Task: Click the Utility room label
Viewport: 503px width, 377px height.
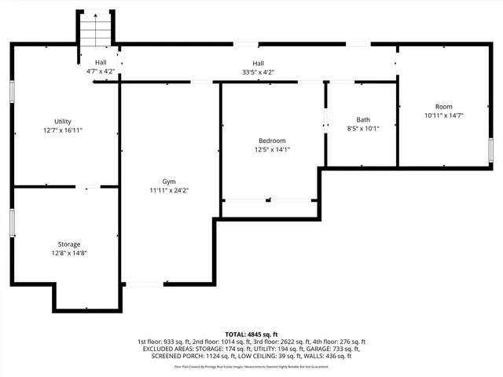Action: pos(63,122)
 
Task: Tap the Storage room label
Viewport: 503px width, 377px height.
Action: pos(68,244)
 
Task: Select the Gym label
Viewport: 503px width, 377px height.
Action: pos(169,181)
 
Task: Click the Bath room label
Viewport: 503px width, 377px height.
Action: pos(363,119)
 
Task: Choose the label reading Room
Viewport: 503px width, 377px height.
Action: pos(444,107)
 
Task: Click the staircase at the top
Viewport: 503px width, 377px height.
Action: pos(96,31)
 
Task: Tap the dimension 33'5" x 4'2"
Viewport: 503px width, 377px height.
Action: pos(258,72)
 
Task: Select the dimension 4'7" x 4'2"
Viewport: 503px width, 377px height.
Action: pos(101,71)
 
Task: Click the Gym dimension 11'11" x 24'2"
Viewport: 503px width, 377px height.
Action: pos(169,190)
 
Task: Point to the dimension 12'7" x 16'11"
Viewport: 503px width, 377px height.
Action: pos(63,130)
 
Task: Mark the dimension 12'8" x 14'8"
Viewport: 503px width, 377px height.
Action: pos(68,253)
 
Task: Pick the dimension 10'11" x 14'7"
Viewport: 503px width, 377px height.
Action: pos(444,115)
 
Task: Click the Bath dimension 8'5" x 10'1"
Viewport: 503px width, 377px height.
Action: pos(363,128)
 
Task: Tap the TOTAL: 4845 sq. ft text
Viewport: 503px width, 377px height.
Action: pos(251,335)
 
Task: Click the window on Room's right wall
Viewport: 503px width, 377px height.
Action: pos(490,150)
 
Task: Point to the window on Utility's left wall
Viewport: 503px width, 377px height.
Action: pos(12,91)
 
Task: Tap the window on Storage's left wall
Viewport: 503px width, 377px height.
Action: pos(12,221)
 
